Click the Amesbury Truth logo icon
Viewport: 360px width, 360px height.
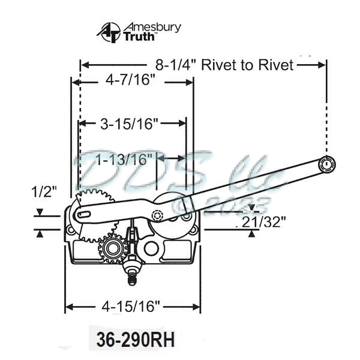click(109, 32)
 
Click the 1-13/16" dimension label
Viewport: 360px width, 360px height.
click(122, 160)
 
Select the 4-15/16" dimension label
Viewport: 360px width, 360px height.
click(132, 307)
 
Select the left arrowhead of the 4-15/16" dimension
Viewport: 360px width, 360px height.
click(68, 307)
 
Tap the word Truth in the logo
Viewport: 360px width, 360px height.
click(140, 37)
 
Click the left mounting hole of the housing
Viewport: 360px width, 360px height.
click(71, 230)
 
